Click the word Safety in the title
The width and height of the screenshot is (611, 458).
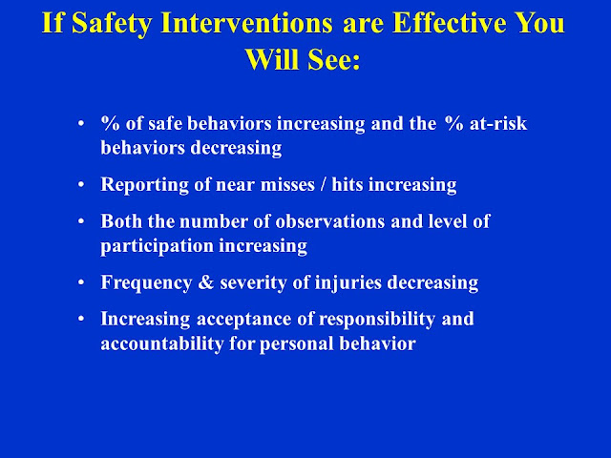click(x=111, y=24)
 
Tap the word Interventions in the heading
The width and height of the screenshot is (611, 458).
click(x=246, y=23)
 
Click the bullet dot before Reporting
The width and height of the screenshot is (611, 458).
click(x=81, y=184)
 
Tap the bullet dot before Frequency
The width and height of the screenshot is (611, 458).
click(x=81, y=282)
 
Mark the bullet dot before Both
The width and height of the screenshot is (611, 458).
click(x=81, y=221)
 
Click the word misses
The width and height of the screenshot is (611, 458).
click(x=287, y=184)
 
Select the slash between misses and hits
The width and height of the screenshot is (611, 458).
click(x=323, y=184)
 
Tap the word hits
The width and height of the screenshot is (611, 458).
click(x=348, y=184)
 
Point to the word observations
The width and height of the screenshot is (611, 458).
click(x=330, y=221)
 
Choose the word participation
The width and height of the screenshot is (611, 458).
click(x=157, y=247)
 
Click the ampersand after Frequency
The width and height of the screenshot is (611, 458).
click(x=206, y=282)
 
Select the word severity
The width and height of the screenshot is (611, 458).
click(x=253, y=283)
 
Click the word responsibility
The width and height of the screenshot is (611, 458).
click(x=377, y=320)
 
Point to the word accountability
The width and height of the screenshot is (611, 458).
click(x=162, y=344)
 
